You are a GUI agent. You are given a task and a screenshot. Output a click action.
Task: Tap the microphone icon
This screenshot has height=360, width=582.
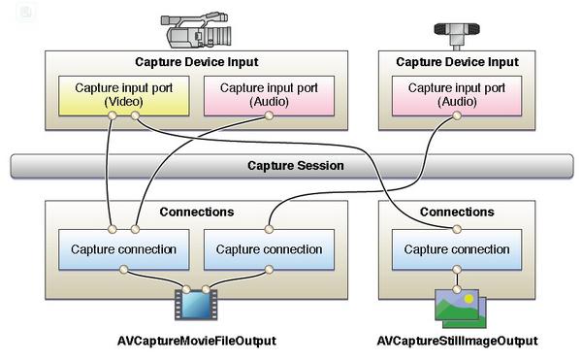click(x=457, y=35)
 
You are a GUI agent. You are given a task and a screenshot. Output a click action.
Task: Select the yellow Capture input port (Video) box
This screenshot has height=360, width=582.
click(x=123, y=96)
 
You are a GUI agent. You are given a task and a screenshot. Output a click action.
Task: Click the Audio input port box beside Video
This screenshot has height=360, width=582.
click(x=269, y=96)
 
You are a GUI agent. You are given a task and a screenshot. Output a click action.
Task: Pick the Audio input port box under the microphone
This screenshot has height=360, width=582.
click(x=457, y=96)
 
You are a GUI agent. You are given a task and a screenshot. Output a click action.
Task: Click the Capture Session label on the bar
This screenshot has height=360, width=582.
click(x=296, y=166)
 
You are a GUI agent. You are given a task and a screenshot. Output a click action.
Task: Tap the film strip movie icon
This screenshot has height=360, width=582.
click(x=196, y=305)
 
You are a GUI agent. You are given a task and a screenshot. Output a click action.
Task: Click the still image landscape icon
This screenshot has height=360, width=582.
click(x=461, y=309)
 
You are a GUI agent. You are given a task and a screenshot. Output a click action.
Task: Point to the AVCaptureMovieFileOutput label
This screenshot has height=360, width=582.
click(x=196, y=341)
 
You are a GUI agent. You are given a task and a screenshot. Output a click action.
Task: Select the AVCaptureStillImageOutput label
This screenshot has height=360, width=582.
click(x=457, y=341)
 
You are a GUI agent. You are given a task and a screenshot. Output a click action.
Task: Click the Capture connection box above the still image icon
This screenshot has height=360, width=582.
click(x=457, y=249)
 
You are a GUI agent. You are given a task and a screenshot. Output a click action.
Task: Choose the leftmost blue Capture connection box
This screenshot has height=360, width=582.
click(x=123, y=249)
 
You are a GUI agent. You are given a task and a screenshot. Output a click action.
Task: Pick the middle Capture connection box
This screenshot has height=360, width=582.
click(x=269, y=249)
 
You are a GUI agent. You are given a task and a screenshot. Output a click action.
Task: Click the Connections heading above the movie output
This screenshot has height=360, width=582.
click(x=197, y=212)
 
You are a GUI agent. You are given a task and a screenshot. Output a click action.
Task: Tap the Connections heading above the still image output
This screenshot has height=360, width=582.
click(x=457, y=212)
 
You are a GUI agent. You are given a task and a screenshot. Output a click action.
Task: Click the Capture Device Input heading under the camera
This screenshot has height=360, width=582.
click(x=196, y=62)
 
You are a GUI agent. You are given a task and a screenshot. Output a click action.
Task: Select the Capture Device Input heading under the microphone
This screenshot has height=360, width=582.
click(x=457, y=62)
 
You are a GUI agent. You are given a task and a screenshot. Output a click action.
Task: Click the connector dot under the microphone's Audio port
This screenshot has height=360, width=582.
click(x=457, y=115)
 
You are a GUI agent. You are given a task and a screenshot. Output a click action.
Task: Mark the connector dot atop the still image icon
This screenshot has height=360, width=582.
click(x=457, y=289)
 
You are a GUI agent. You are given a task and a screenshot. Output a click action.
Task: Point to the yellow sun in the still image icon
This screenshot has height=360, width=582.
click(x=469, y=298)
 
